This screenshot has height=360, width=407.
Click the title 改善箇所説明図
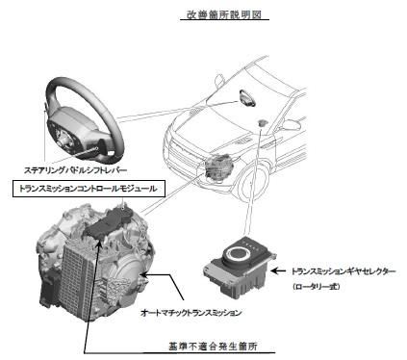pos(224,14)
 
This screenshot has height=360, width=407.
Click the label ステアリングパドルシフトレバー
pos(75,170)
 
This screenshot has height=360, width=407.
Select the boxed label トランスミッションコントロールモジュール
pos(89,189)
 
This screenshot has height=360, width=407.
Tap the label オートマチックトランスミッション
pos(191,313)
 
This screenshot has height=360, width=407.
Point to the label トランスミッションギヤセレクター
pos(343,271)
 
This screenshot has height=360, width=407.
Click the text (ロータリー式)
pos(316,286)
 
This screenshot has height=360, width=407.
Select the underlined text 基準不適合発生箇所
pos(213,347)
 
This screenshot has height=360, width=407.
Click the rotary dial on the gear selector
pos(239,254)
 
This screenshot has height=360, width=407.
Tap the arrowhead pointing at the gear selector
pos(275,271)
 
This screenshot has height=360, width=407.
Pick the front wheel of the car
pos(254,184)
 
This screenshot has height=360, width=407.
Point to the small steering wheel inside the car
pos(246,97)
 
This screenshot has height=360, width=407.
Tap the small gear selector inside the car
pos(263,122)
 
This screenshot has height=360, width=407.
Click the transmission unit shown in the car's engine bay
pos(218,167)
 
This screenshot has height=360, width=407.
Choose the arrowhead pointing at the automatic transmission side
pos(143,274)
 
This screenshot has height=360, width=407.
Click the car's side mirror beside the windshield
pos(219,81)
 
